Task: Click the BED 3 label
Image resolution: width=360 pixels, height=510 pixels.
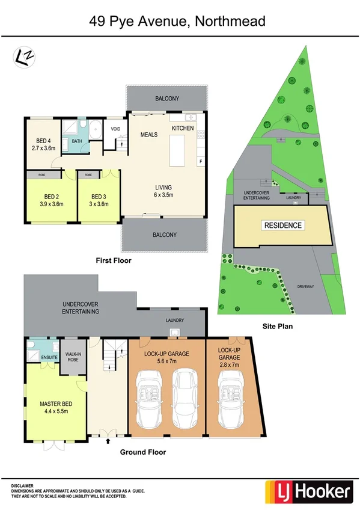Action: coord(99,196)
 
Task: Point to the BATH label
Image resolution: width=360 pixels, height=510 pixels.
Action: coord(77,141)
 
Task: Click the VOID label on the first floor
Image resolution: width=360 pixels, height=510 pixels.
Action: coord(115,128)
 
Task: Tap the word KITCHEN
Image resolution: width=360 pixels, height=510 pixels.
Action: coord(183,128)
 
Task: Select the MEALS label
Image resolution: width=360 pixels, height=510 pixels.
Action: coord(148,135)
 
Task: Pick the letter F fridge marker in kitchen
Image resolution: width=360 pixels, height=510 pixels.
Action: coord(200,162)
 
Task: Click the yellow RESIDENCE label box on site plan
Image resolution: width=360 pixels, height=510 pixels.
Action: coord(282,226)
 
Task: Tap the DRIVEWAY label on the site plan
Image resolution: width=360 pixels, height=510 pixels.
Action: coord(306,287)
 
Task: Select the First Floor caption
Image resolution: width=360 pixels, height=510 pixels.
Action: coord(114,261)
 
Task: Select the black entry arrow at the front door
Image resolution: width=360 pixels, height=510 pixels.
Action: coord(108,442)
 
